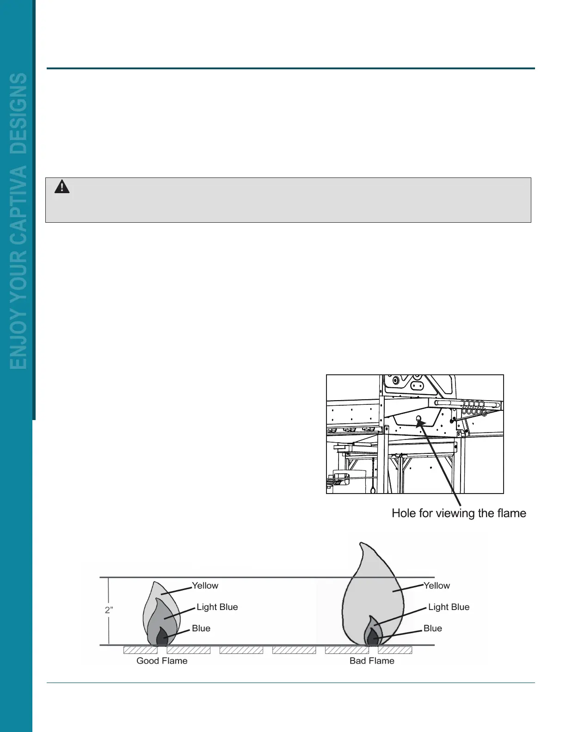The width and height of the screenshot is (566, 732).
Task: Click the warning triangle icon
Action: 62,187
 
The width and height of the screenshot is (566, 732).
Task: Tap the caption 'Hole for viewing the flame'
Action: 459,513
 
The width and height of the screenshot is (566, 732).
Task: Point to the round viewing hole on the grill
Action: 419,419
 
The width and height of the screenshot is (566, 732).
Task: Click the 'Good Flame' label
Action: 162,661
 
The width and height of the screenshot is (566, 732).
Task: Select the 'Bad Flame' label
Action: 372,661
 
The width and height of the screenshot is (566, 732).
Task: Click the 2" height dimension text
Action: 109,610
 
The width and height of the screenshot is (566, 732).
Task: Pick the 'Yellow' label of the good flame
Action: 205,586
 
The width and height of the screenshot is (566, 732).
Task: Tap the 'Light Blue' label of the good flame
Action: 217,607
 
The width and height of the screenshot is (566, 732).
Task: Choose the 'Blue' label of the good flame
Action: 201,628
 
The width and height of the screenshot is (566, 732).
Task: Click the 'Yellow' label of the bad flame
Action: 437,586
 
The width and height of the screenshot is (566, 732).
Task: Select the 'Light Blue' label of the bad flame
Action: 449,607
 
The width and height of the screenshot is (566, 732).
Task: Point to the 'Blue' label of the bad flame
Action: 432,628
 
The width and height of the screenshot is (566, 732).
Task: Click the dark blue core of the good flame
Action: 162,637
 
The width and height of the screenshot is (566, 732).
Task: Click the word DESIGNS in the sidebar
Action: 19,113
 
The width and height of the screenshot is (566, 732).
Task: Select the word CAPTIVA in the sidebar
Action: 19,206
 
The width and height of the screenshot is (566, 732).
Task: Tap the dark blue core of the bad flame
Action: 372,638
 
